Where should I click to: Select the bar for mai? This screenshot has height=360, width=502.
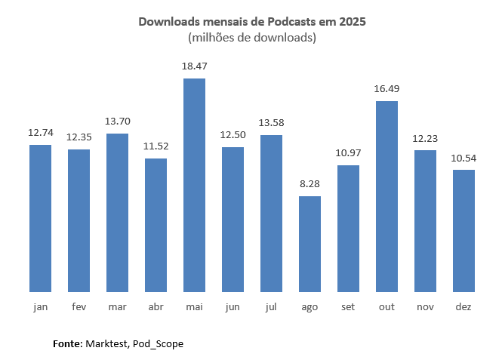(x=194, y=185)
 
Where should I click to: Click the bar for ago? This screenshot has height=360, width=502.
(x=310, y=244)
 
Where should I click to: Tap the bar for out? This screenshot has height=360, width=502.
(x=387, y=196)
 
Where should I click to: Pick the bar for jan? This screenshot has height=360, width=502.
(x=40, y=218)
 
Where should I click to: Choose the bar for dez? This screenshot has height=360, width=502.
(x=464, y=230)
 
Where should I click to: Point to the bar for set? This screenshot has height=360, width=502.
(x=348, y=228)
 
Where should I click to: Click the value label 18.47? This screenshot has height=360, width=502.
(x=194, y=66)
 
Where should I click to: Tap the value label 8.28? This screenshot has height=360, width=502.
(x=310, y=184)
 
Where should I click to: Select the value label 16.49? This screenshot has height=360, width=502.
(x=387, y=89)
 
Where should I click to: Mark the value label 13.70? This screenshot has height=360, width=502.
(x=117, y=122)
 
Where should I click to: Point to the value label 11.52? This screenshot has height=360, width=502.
(x=156, y=146)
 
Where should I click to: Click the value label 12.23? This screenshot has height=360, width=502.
(x=425, y=138)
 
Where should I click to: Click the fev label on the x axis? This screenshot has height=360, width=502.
(x=79, y=307)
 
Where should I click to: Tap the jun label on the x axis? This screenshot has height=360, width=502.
(x=233, y=307)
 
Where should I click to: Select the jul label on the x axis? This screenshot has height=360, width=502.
(x=271, y=307)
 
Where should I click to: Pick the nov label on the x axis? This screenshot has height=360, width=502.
(x=425, y=307)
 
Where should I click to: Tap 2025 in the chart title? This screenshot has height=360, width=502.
(x=352, y=22)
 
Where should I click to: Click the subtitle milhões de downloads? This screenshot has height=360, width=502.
(x=251, y=37)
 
